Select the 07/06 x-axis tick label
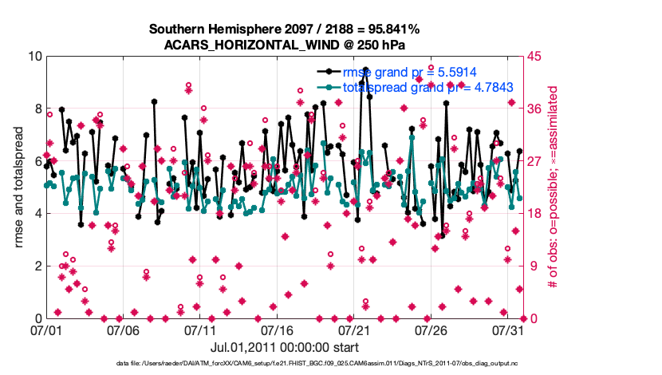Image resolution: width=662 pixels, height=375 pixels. (x=124, y=330)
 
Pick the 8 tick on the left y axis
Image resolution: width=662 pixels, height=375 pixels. (x=37, y=109)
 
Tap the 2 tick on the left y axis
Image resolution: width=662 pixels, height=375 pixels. (x=37, y=266)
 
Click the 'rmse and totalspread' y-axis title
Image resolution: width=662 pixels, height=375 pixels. (x=18, y=187)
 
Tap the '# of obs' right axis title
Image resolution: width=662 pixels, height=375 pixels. (x=552, y=187)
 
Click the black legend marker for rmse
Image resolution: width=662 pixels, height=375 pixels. (x=329, y=72)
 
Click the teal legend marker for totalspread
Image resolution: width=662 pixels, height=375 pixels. (x=329, y=86)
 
